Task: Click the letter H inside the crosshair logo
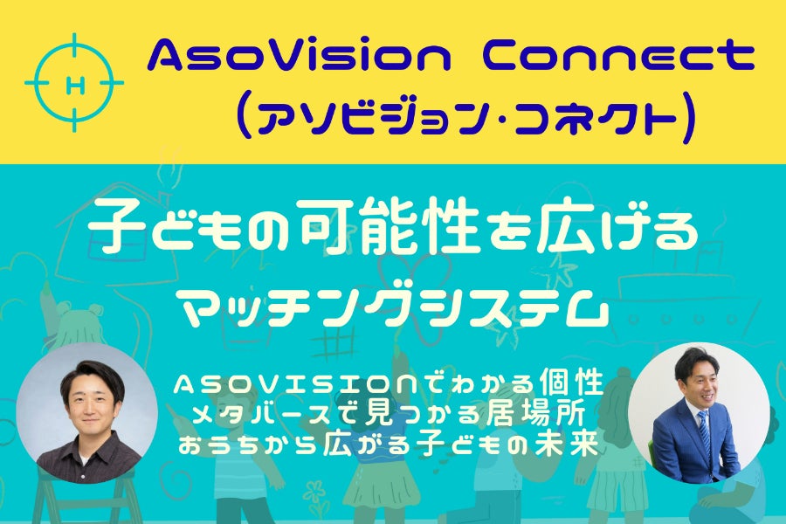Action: pyautogui.click(x=75, y=86)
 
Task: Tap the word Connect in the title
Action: pyautogui.click(x=617, y=57)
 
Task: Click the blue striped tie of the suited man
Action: pyautogui.click(x=704, y=435)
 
